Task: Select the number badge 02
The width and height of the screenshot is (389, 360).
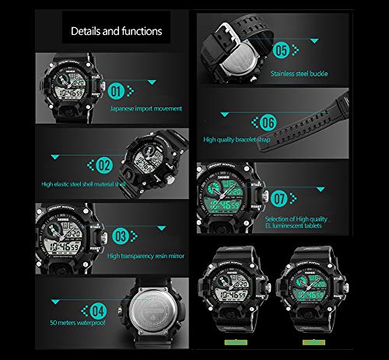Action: tap(104, 164)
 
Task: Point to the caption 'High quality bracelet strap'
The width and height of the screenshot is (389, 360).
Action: tap(247, 140)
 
